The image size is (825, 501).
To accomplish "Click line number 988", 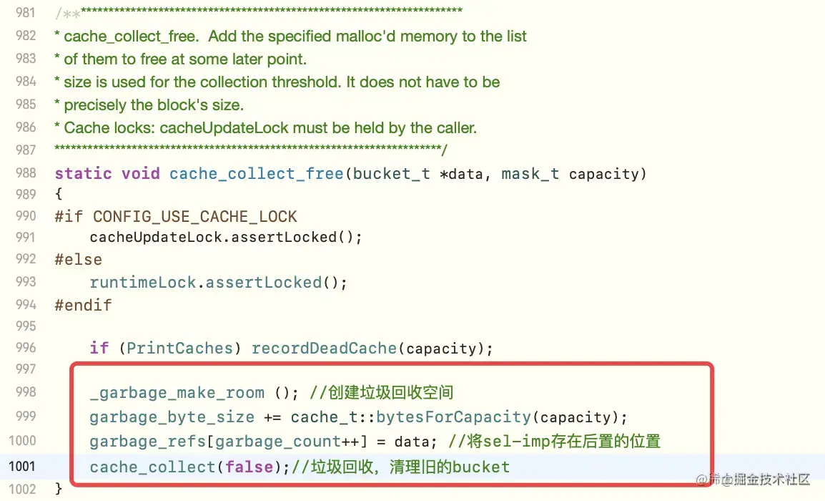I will point(25,174).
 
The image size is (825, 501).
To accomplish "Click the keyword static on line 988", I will point(83,174).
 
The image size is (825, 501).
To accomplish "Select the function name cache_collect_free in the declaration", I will point(256,174).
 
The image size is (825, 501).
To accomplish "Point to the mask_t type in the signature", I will point(530,174).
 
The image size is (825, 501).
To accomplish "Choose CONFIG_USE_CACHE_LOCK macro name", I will point(194,216).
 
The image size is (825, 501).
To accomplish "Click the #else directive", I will point(78,259).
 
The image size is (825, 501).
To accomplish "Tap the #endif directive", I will point(83,305).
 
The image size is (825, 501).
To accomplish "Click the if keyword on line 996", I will point(99,349).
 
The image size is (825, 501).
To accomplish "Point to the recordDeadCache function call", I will point(322,349).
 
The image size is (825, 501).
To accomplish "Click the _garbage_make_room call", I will point(177,393).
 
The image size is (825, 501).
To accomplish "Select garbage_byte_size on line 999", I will point(172,417).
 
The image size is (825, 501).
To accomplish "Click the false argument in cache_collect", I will point(249,467).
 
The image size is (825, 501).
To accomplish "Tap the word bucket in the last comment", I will point(480,467).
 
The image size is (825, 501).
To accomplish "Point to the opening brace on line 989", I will point(59,194).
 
